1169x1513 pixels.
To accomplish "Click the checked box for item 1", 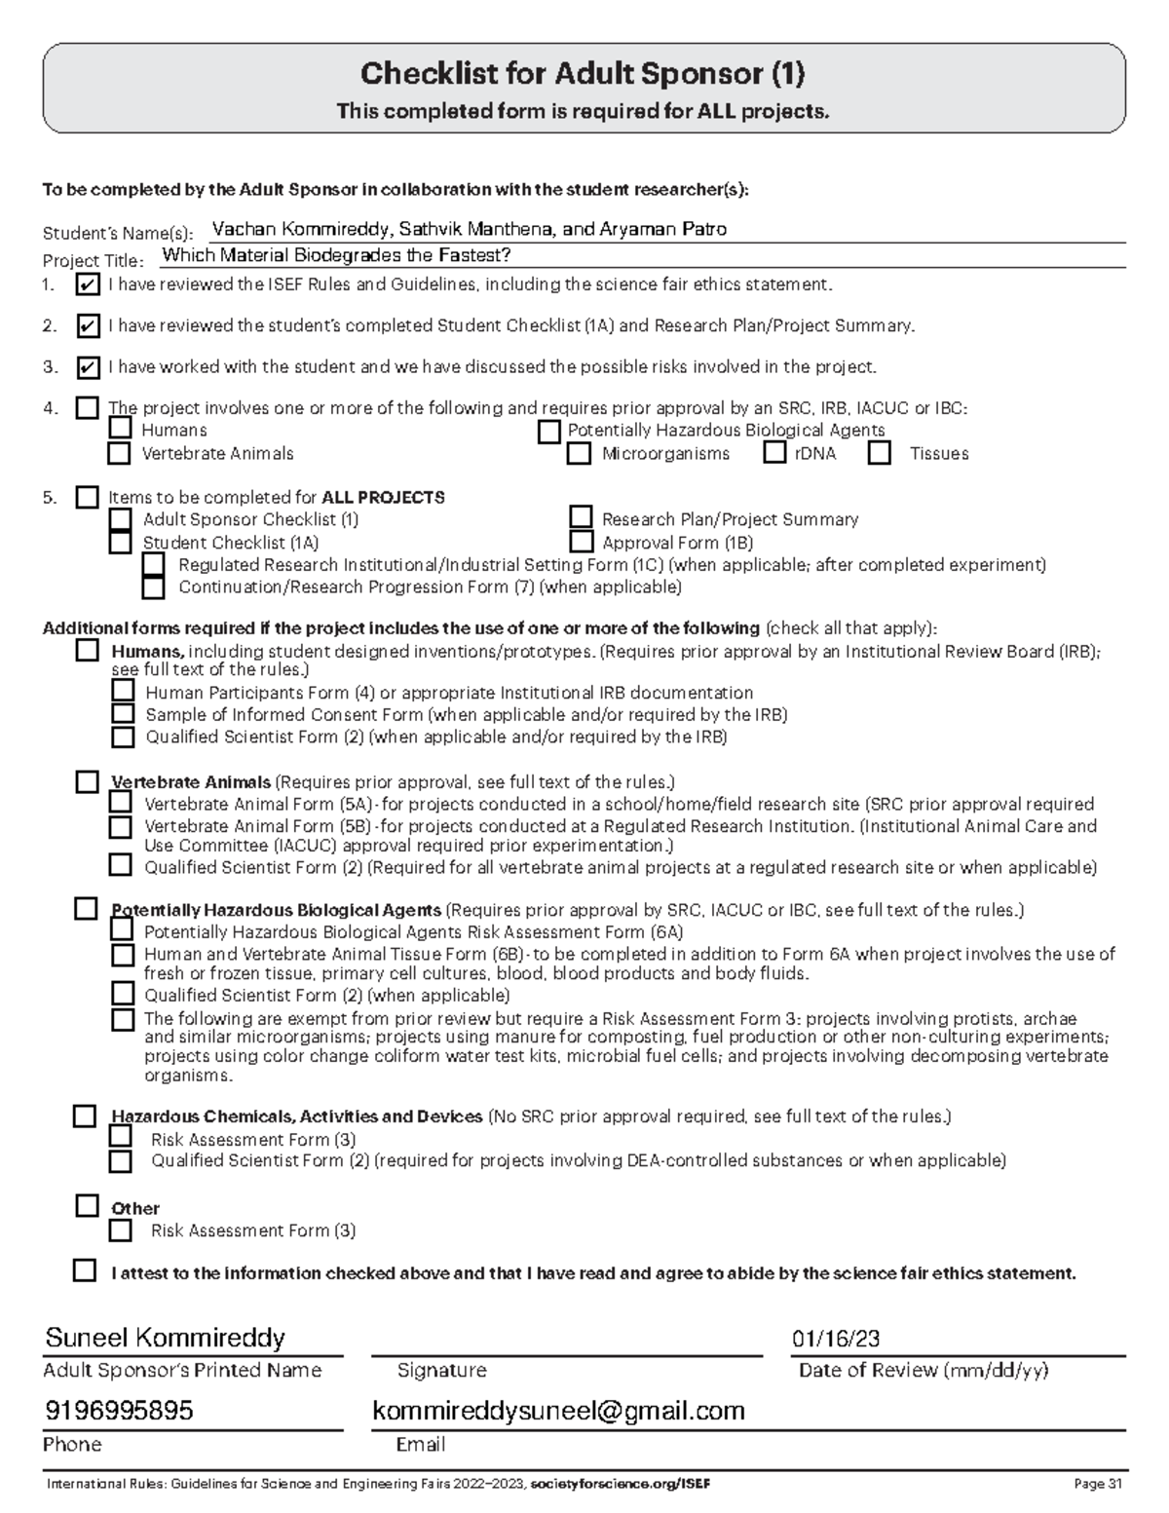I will click(88, 285).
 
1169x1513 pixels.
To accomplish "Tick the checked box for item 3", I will click(88, 367).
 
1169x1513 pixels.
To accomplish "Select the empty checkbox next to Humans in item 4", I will click(120, 429).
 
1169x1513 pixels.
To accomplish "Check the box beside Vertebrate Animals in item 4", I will click(119, 453).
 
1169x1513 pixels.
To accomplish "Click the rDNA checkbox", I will click(774, 452).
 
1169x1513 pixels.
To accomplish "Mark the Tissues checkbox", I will click(880, 453).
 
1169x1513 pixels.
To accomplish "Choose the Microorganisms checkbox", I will click(580, 453).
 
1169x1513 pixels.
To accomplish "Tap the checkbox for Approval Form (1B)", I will click(582, 542).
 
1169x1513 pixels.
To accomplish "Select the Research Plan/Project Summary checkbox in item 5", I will click(582, 517).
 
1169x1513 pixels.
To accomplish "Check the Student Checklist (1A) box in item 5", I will click(120, 543).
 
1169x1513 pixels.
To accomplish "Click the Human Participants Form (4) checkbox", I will click(123, 691).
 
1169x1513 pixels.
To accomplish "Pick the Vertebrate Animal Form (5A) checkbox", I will click(121, 802).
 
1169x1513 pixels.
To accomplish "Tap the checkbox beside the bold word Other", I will click(88, 1206).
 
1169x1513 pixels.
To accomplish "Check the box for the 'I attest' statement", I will click(86, 1270).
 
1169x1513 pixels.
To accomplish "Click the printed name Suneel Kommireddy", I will click(166, 1338).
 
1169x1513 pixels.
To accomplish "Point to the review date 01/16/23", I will click(836, 1340).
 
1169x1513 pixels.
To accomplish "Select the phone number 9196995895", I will click(119, 1410).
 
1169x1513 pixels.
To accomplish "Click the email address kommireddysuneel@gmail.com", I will click(558, 1410).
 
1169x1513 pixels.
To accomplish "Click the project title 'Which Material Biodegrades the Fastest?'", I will click(336, 255).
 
